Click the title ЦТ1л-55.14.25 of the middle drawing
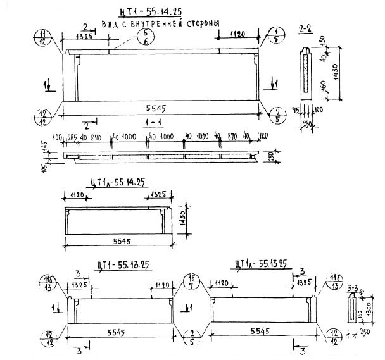118,182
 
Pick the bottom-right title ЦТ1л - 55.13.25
260,265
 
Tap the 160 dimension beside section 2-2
324,86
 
